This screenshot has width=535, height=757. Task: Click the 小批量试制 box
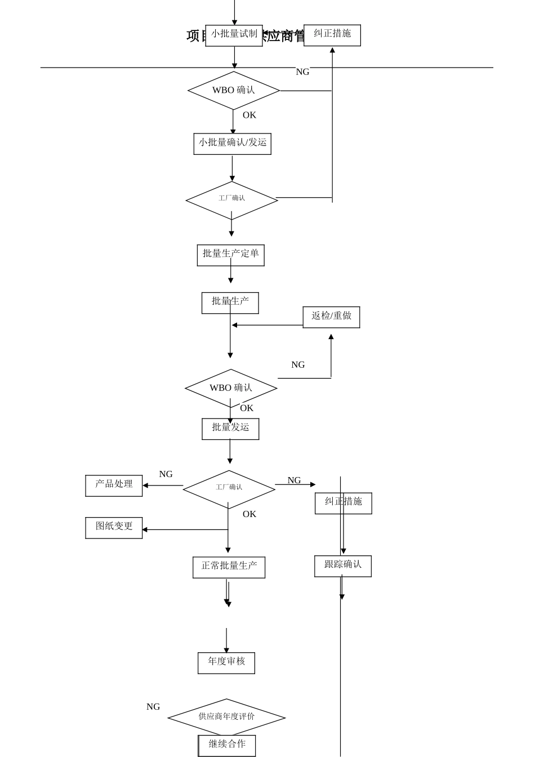pos(234,35)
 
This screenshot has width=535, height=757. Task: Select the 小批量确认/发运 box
pos(232,144)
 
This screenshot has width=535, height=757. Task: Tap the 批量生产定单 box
pos(230,255)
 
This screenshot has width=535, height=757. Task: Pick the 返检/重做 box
pos(331,317)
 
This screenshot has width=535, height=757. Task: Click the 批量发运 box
pos(230,429)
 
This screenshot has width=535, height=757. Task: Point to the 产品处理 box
pos(114,486)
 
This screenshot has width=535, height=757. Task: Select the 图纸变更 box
pos(114,528)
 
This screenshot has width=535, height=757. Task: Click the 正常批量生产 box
pos(229,567)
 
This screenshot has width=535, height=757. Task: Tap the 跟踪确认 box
pos(342,566)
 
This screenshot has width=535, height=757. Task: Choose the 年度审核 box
pos(226,663)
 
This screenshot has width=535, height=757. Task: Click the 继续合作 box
pos(227,745)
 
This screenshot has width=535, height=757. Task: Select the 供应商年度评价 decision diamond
pos(226,716)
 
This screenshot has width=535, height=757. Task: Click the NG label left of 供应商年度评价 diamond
pos(153,707)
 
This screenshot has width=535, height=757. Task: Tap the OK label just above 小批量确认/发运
pos(249,115)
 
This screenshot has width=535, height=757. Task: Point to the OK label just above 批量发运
pos(247,408)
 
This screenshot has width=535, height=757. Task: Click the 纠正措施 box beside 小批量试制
pos(332,35)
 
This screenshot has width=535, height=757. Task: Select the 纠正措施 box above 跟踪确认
pos(343,503)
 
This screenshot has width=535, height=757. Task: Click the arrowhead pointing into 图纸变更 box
pos(145,529)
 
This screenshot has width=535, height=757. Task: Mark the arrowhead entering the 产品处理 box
pos(145,486)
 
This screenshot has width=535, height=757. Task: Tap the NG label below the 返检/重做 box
pos(298,365)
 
